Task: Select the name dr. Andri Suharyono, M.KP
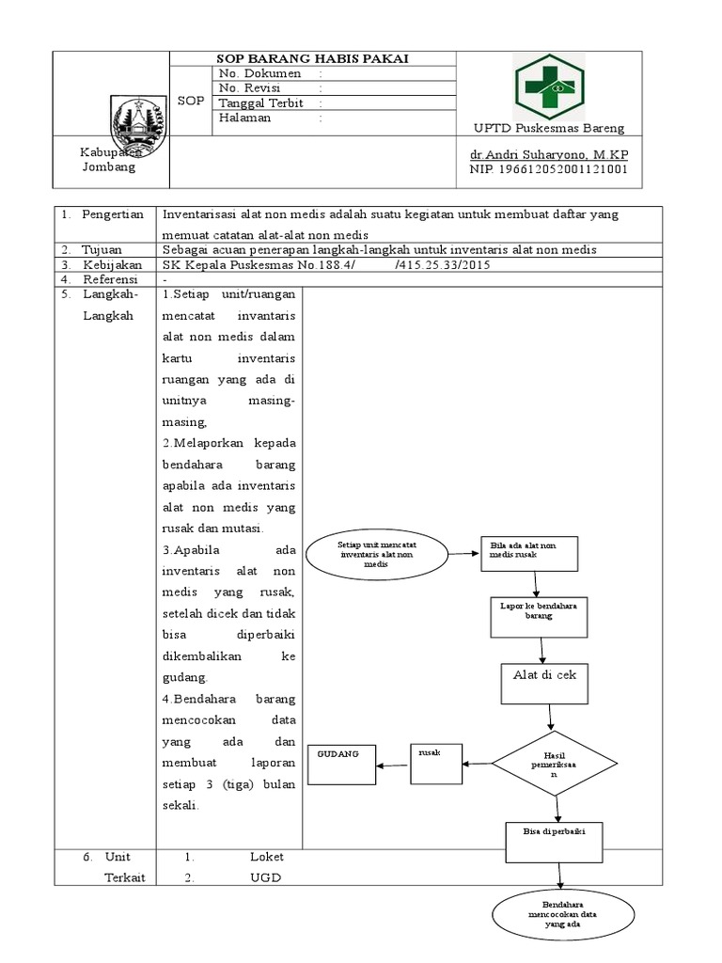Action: click(549, 153)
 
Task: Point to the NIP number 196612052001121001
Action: click(549, 169)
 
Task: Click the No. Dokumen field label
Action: click(259, 73)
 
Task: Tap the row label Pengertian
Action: click(112, 214)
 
